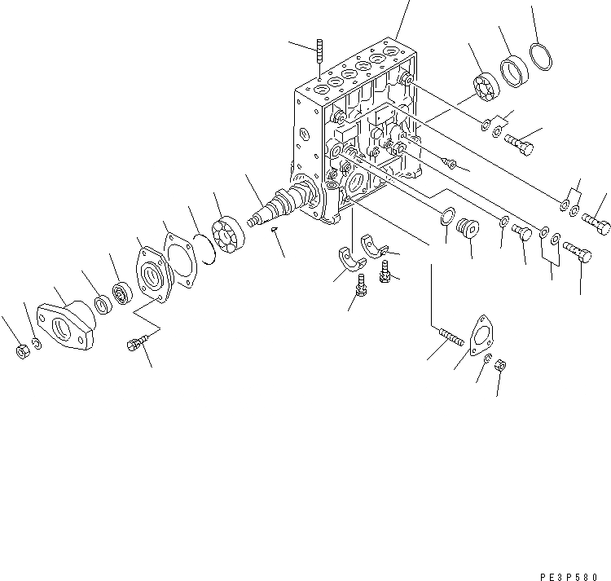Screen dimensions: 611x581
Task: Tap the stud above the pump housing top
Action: tap(319, 51)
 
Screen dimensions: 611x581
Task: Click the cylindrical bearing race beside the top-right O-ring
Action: tap(513, 69)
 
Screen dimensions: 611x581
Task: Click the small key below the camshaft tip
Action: tap(275, 230)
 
